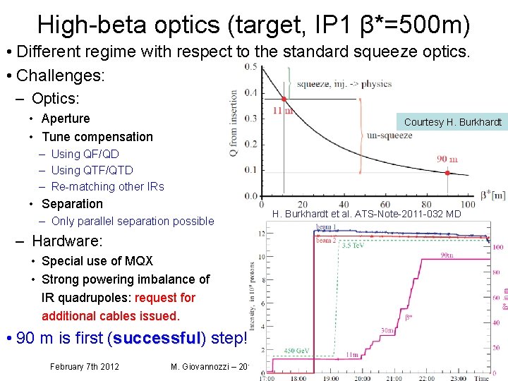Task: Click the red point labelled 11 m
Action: [284, 99]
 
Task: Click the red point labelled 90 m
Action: [447, 172]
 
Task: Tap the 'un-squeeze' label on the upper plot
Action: [389, 135]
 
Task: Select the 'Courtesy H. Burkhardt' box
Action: [452, 122]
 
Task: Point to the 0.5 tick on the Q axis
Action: [250, 67]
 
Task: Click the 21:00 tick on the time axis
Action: [396, 378]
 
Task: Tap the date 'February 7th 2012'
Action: [84, 366]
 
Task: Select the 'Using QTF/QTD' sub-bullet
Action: [92, 170]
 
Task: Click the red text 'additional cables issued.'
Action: [111, 316]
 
